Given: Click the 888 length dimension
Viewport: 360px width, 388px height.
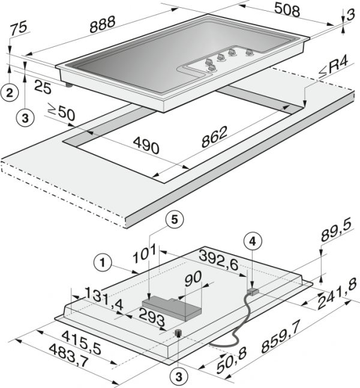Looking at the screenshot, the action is pyautogui.click(x=103, y=24).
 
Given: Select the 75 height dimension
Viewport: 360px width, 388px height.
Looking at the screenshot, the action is pyautogui.click(x=19, y=28).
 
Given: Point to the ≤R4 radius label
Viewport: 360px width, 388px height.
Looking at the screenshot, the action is pyautogui.click(x=332, y=67).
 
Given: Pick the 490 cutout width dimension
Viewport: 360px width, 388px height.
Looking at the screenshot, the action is pyautogui.click(x=146, y=146).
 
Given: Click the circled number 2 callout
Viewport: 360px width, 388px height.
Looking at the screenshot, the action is pyautogui.click(x=10, y=92).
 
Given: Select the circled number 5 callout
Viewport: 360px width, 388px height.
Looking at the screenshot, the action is pyautogui.click(x=175, y=220).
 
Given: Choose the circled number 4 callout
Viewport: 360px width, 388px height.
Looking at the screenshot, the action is pyautogui.click(x=253, y=242).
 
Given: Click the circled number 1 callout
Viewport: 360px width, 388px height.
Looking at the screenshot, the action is pyautogui.click(x=103, y=263).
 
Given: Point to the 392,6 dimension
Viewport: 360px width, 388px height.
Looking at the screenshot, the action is pyautogui.click(x=219, y=260).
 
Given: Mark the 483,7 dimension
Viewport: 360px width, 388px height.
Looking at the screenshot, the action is pyautogui.click(x=69, y=356).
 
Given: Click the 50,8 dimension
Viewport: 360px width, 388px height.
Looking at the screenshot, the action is pyautogui.click(x=232, y=362).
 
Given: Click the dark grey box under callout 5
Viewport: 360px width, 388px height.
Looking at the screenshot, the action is pyautogui.click(x=172, y=309).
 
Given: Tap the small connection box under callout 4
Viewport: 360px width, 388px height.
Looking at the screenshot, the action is pyautogui.click(x=253, y=291).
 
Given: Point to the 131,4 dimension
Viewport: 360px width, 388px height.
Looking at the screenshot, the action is pyautogui.click(x=104, y=299).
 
